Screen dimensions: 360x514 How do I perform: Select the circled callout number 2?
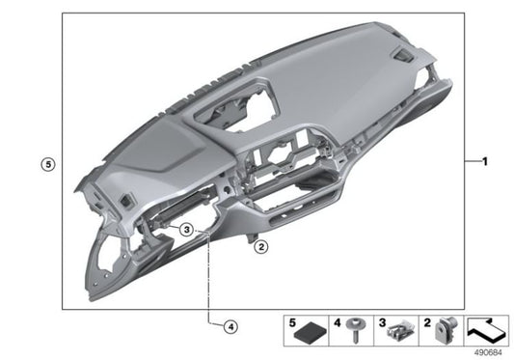[259, 247]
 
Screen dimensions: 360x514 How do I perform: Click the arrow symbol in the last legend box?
[490, 330]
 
